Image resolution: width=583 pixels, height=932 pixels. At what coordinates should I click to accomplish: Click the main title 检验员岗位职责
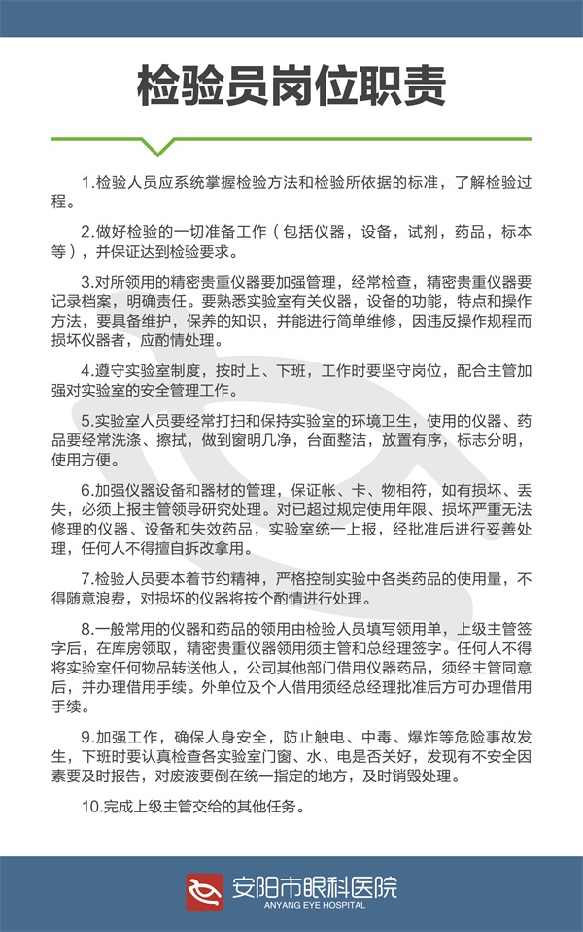[x=291, y=86]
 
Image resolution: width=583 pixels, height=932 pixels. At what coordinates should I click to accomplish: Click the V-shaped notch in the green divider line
[x=156, y=147]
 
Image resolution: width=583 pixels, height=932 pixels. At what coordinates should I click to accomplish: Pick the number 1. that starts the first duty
[x=88, y=184]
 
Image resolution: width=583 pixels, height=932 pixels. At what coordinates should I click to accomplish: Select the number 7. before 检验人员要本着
[x=88, y=578]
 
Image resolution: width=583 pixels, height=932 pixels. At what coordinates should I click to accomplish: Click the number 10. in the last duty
[x=91, y=806]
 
